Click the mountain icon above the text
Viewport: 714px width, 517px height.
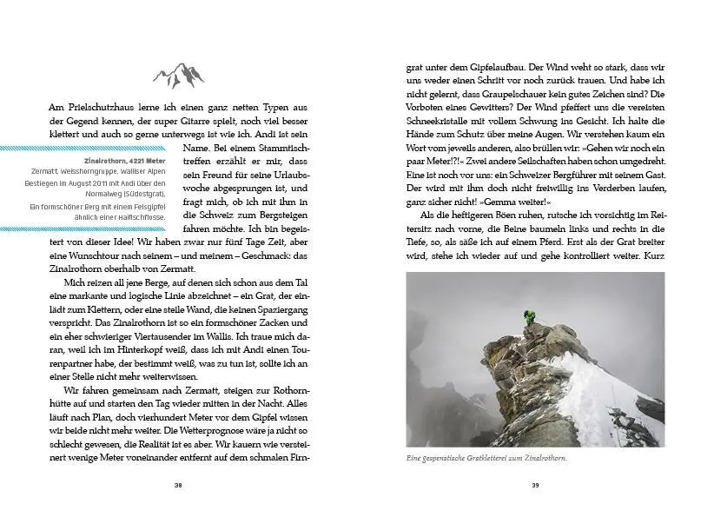click(179, 75)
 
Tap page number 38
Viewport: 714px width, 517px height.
click(178, 485)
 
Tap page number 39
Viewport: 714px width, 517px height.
click(535, 485)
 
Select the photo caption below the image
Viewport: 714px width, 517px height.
click(486, 458)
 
